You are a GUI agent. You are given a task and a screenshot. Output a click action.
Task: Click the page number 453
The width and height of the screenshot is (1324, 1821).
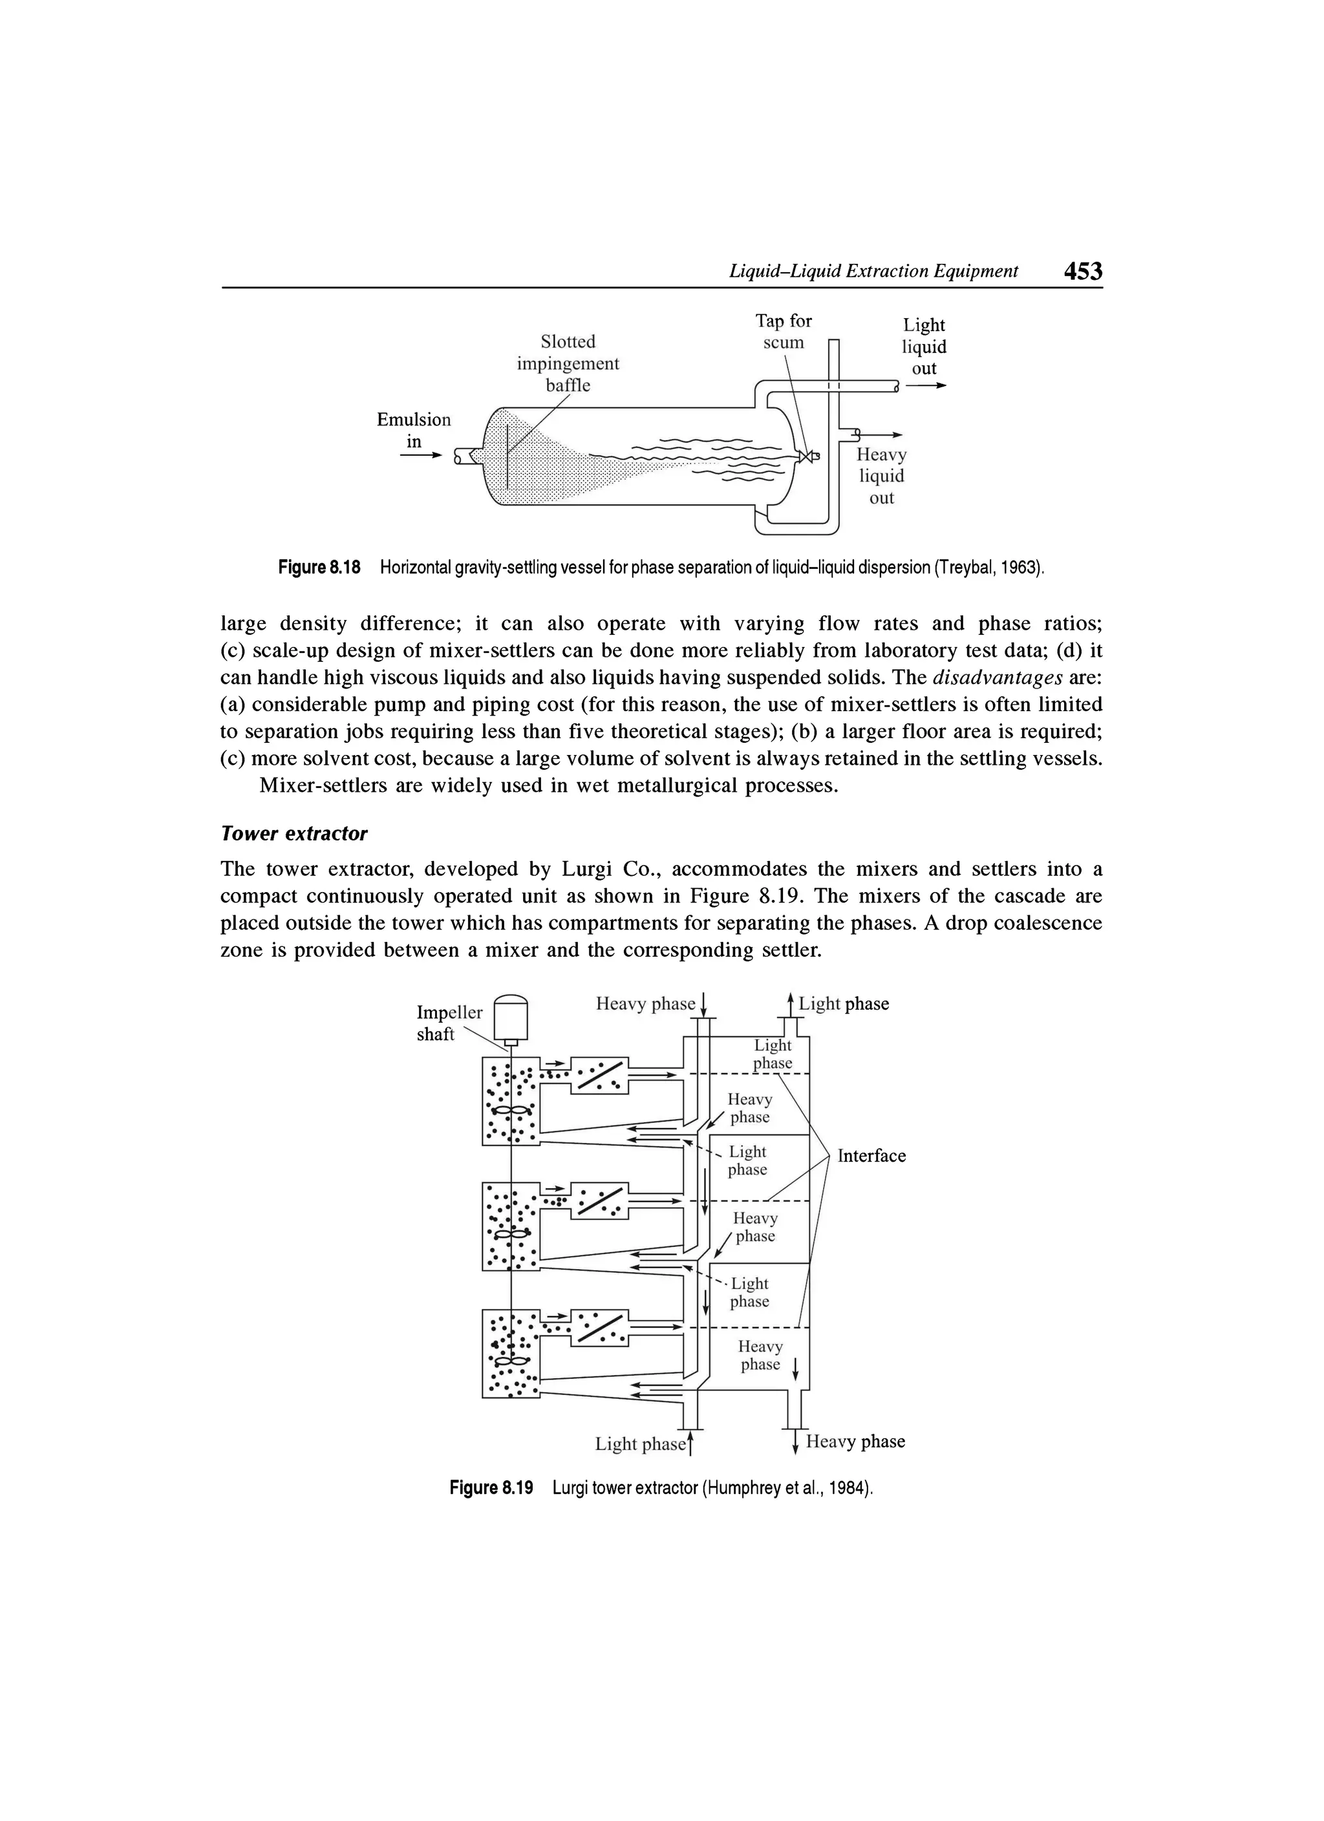[1082, 272]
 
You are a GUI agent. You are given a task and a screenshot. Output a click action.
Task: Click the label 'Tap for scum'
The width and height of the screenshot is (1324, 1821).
[783, 332]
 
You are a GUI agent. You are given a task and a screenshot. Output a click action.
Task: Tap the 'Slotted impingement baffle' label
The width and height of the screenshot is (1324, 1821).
[568, 363]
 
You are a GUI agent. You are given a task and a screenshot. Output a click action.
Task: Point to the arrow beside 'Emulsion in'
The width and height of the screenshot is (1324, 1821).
[422, 455]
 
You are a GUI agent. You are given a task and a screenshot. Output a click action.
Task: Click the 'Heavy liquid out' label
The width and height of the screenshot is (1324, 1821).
[882, 476]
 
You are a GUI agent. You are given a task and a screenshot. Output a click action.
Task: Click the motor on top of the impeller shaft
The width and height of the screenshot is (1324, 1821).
[511, 1017]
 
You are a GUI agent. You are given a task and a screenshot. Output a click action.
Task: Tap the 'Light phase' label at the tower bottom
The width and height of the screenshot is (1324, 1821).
[640, 1443]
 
